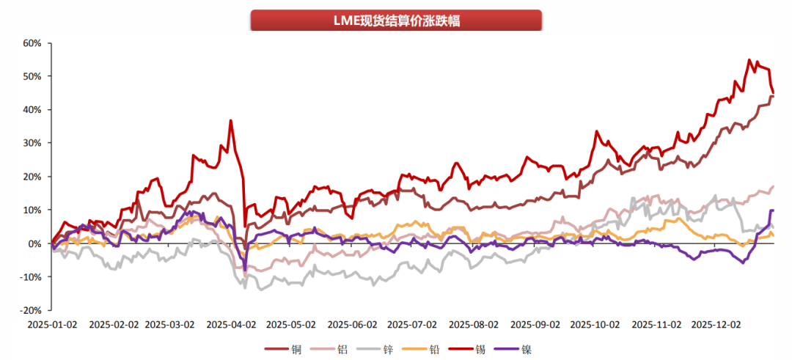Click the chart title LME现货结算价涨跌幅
(x=395, y=21)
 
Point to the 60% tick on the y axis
(x=32, y=43)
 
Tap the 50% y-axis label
(x=32, y=76)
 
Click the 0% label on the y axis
(x=35, y=243)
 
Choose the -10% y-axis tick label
(x=31, y=276)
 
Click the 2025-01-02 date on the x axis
(x=51, y=323)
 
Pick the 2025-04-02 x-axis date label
(x=231, y=323)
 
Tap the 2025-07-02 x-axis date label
(x=412, y=323)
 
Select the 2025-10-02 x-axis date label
(x=595, y=323)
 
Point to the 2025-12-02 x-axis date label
(x=717, y=323)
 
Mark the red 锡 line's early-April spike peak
(x=231, y=120)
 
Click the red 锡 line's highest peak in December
(x=749, y=60)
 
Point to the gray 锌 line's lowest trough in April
(x=244, y=289)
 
